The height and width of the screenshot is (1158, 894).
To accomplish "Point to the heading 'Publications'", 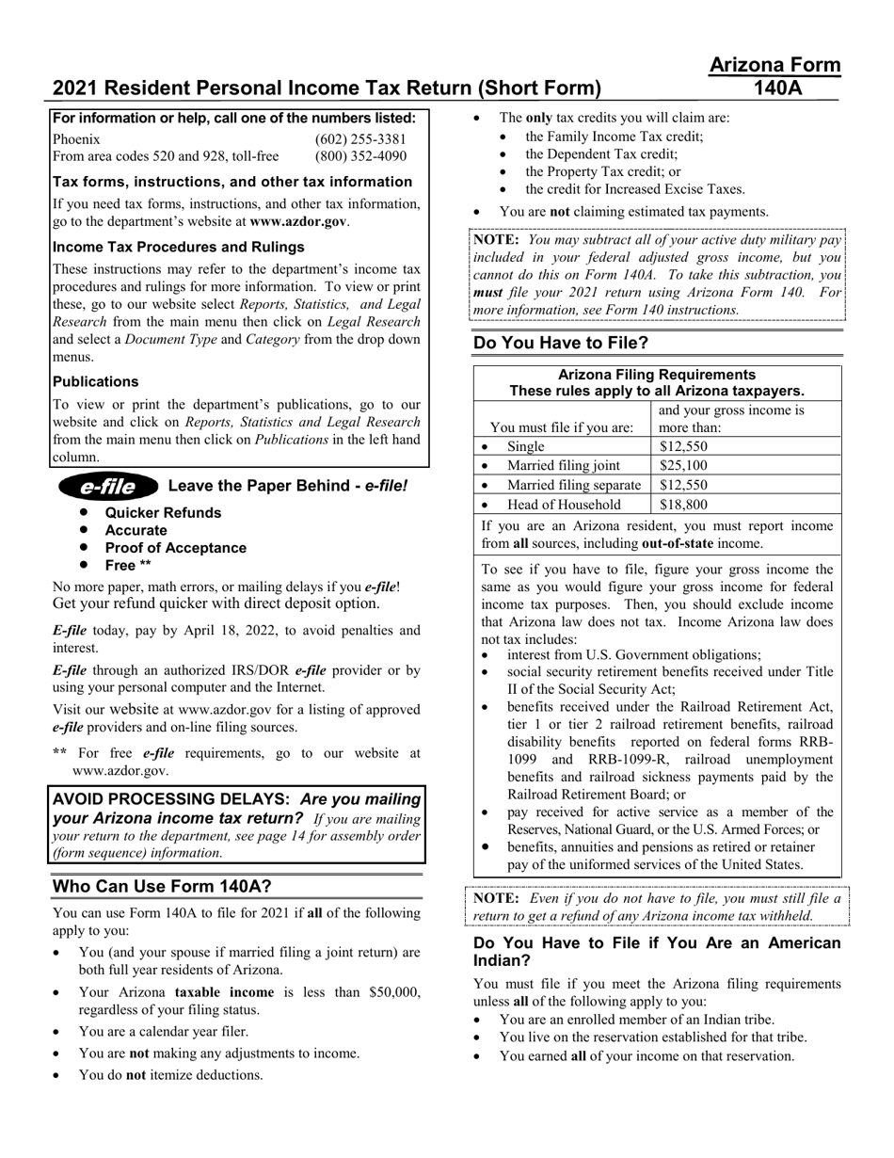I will [x=95, y=381].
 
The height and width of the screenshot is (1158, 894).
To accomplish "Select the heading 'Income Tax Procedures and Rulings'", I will [x=178, y=247].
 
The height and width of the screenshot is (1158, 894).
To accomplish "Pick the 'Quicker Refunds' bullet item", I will [x=163, y=513].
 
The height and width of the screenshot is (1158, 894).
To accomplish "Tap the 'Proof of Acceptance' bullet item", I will [x=175, y=548].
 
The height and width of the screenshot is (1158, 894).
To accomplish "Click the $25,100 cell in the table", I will [x=683, y=465].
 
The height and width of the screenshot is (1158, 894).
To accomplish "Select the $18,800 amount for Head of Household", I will [x=683, y=505].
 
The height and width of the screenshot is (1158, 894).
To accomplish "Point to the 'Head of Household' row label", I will [x=564, y=505].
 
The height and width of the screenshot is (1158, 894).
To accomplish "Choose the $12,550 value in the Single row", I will [x=683, y=446].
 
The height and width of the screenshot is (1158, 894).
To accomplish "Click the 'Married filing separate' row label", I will [x=574, y=485].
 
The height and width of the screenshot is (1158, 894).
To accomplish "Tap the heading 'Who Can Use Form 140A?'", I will [x=162, y=887].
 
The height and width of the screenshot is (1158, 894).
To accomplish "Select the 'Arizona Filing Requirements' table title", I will [x=657, y=375].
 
